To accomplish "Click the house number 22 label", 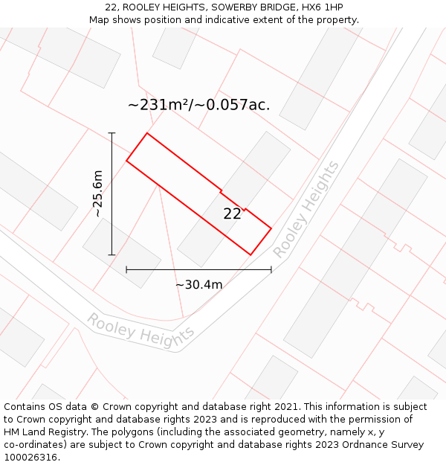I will [232, 214].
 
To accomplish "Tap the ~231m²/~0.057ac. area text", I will [198, 105].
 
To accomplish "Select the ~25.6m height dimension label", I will [98, 193].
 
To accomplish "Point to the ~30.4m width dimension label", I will [198, 284].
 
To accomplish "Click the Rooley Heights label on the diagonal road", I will [306, 210].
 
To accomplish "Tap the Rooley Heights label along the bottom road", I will [140, 330].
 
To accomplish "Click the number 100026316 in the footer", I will [31, 458].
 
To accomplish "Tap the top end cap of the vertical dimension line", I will [111, 133].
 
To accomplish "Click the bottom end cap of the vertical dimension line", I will [111, 255].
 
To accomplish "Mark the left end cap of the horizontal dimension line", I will [126, 270].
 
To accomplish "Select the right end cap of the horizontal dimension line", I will [271, 270].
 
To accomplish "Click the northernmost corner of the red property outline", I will [147, 133].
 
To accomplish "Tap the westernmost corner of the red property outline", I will [126, 161].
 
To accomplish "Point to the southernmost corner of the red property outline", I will [251, 255].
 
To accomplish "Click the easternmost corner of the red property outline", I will [271, 228].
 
